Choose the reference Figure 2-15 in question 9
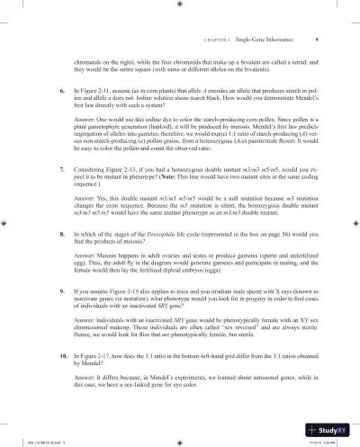coord(130,293)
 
